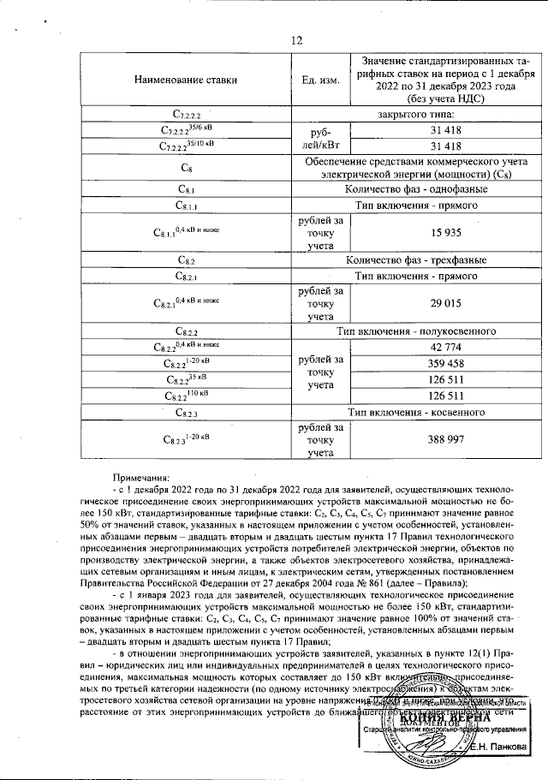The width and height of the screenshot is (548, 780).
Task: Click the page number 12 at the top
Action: pos(296,40)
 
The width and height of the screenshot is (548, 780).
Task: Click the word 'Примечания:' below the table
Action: pos(141,478)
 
